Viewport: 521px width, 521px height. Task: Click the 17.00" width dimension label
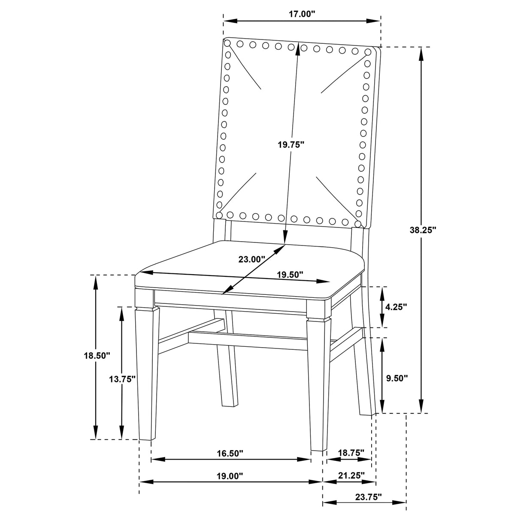(302, 14)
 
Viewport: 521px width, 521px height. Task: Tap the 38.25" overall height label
(423, 230)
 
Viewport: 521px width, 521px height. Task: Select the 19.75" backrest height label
(291, 145)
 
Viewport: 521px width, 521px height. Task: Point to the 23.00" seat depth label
(252, 259)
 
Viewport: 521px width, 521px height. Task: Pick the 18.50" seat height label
(97, 355)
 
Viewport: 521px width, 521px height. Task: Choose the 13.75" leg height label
(122, 379)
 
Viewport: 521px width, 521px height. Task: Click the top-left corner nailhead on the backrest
(227, 42)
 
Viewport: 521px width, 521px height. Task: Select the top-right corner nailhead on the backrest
(368, 52)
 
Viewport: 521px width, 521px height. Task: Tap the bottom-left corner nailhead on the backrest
(219, 215)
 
